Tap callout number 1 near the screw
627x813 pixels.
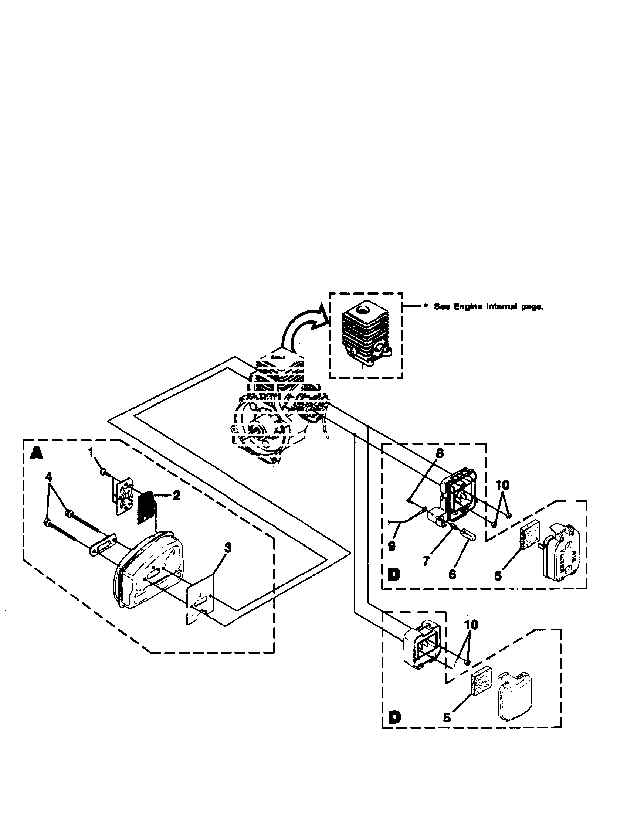90,453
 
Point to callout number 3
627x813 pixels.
228,548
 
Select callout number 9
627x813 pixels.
391,546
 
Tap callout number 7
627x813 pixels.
426,560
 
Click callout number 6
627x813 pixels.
452,574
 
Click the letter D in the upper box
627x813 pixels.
394,575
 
